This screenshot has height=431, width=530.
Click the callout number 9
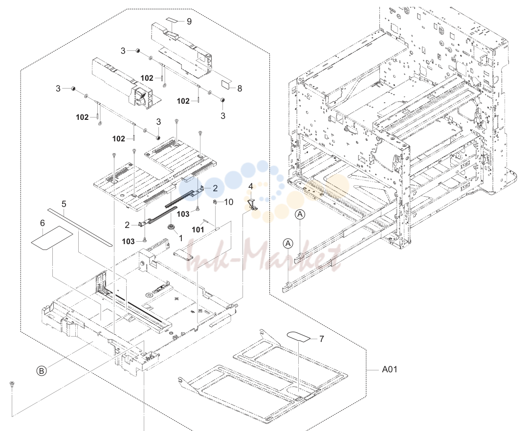(189, 22)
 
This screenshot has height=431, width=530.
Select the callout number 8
(240, 89)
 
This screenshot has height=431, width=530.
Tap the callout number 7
(321, 339)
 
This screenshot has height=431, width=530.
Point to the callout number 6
(42, 223)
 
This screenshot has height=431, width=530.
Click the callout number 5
(64, 204)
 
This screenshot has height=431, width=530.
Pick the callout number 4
(251, 186)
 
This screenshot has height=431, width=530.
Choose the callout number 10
(229, 203)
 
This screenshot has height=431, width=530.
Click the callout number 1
(180, 238)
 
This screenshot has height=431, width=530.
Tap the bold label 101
(198, 230)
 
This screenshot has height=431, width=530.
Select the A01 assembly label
(390, 369)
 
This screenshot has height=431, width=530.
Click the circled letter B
(42, 371)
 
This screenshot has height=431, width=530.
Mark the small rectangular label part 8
(226, 84)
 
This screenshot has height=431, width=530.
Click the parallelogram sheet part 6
(52, 239)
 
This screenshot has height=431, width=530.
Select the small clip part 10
(215, 202)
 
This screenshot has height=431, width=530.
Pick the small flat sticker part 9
(174, 21)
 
